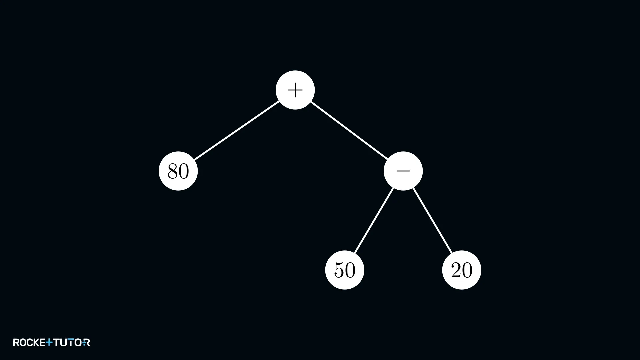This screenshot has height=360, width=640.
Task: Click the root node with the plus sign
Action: coord(295,90)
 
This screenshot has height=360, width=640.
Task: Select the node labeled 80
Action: coord(178,171)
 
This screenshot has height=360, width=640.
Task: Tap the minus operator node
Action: coord(403,171)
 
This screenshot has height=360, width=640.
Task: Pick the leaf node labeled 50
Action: coord(345,270)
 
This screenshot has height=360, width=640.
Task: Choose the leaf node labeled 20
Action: coord(462,270)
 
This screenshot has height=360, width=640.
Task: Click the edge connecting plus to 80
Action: coord(237,130)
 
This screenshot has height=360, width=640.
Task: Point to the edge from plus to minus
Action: coord(349,130)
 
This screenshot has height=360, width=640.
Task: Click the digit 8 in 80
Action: coord(173,171)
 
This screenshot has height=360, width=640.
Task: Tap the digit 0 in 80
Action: coord(184,171)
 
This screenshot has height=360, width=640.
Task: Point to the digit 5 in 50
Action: coord(339,270)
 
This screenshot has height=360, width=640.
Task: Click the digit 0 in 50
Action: coord(350,270)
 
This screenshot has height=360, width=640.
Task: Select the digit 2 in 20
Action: coord(456,270)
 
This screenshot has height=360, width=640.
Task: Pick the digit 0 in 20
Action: coord(467,270)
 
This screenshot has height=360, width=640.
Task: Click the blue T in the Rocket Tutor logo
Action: coord(49,342)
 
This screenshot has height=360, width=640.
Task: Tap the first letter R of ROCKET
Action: coord(16,342)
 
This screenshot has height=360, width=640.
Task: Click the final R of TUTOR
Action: coord(86,342)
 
